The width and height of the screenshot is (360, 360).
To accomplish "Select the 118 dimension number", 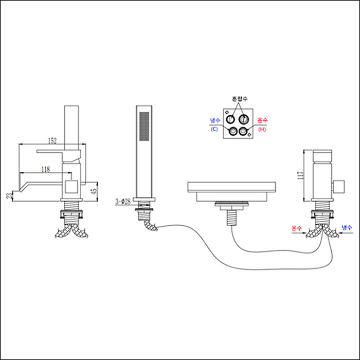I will (x=45, y=168).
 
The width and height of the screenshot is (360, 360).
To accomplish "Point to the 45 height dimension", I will (x=93, y=191).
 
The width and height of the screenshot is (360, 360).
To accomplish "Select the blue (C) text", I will (x=215, y=129).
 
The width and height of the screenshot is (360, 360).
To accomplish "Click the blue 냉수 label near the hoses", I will (x=347, y=228).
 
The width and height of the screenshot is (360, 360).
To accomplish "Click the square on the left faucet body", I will (x=72, y=185).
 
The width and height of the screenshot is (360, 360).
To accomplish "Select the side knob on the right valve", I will (x=339, y=186).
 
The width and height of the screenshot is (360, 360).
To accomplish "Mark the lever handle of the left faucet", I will (x=59, y=153).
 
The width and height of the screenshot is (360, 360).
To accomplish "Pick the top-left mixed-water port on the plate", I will (x=229, y=119).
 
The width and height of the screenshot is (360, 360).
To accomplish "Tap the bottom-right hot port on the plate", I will (x=243, y=132).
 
